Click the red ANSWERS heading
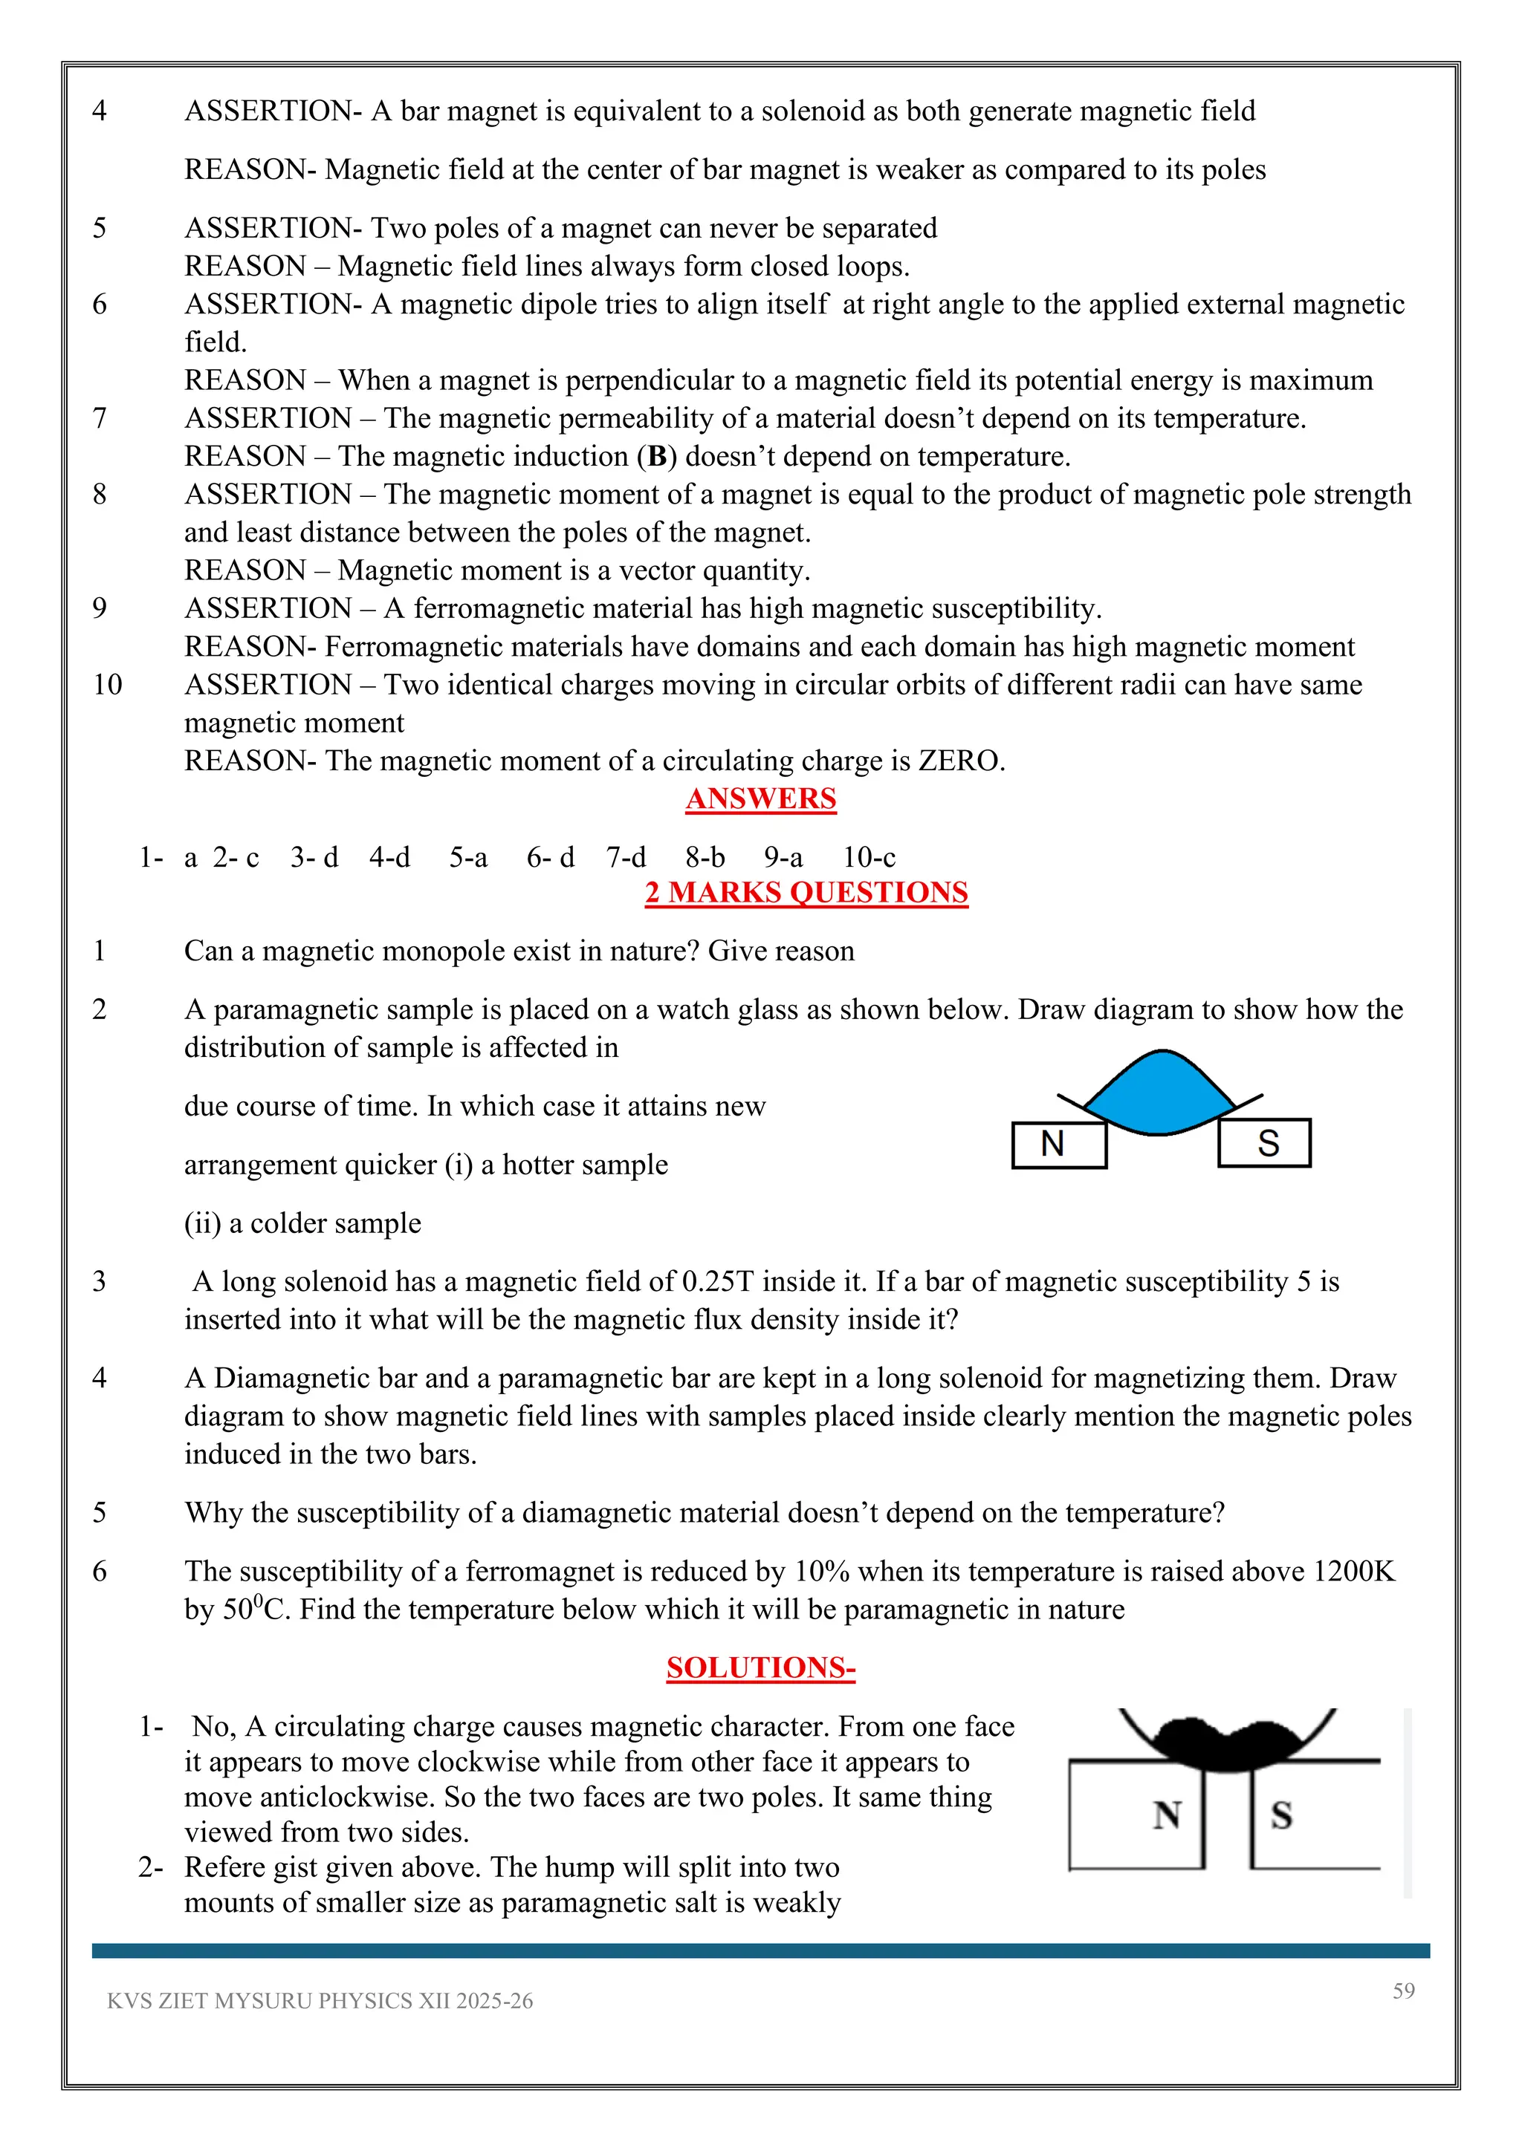760,799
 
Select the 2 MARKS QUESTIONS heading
806,893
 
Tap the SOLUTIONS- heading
760,1667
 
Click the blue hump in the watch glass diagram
1160,1093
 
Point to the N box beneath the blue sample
1058,1144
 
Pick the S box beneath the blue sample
1264,1143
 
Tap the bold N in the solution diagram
1167,1815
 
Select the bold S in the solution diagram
1281,1815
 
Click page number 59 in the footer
1403,1991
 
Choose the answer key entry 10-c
869,857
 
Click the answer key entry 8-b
705,857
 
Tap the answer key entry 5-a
467,857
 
